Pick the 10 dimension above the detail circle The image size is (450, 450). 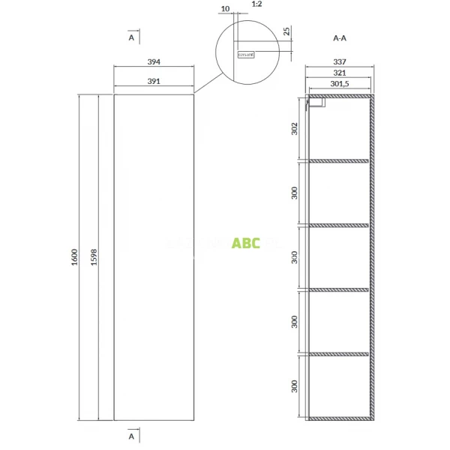224,10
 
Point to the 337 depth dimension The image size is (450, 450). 339,62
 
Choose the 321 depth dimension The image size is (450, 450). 339,73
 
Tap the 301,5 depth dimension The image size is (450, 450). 340,84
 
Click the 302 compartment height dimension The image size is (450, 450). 295,128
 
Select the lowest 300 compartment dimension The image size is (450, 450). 295,386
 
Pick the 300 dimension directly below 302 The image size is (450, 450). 295,193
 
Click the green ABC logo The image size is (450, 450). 246,243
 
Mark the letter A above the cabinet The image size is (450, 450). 131,36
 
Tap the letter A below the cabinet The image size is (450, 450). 131,434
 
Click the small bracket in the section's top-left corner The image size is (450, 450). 316,102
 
